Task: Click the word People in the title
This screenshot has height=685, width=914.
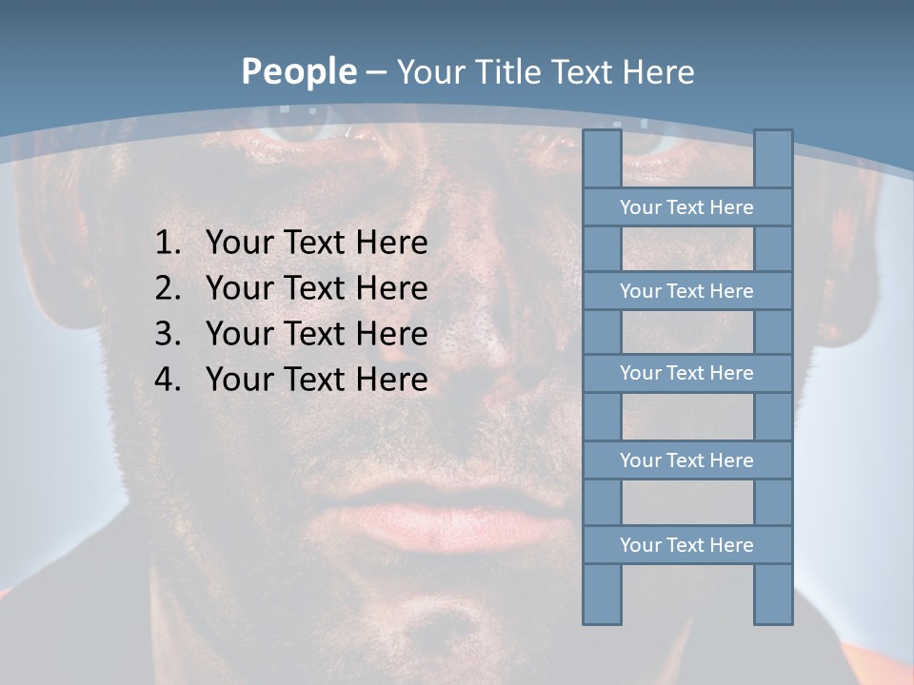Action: [298, 71]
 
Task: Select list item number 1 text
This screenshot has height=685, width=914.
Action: [316, 243]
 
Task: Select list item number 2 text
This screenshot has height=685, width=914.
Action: [316, 288]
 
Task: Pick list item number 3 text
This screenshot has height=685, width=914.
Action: [316, 334]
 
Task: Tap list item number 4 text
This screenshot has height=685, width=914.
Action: [316, 380]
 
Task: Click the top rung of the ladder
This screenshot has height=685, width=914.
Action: [686, 207]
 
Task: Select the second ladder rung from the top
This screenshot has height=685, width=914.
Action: [686, 291]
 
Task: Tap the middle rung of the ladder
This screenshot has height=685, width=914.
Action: [686, 373]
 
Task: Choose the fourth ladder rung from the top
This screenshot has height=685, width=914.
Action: [686, 460]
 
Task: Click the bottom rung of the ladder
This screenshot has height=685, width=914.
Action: [686, 545]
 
